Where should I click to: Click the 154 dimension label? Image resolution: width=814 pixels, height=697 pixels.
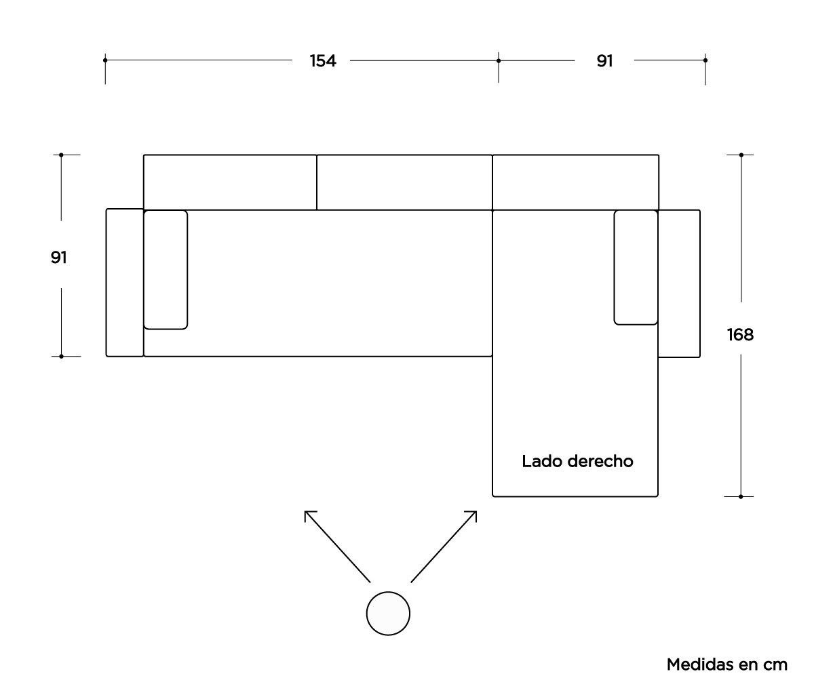click(x=323, y=61)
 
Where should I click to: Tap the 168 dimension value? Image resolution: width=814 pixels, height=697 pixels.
click(x=739, y=334)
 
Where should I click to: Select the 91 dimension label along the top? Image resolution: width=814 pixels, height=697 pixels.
click(x=604, y=61)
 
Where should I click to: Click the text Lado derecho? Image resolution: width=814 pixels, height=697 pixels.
click(x=577, y=462)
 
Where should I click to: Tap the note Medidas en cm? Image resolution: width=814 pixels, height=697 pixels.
click(x=727, y=664)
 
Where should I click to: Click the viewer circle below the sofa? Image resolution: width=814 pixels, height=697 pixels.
click(x=388, y=613)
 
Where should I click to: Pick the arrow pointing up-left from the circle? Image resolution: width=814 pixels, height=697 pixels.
click(x=336, y=545)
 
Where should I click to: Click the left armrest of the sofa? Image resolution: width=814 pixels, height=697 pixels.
click(x=125, y=283)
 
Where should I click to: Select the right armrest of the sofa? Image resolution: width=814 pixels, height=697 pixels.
click(x=679, y=283)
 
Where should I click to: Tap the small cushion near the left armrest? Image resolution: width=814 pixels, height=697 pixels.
click(x=166, y=270)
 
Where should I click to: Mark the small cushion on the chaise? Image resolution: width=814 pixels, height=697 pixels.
click(x=636, y=267)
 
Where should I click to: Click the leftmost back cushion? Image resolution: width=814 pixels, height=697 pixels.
click(x=230, y=182)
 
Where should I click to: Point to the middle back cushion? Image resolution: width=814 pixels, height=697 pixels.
click(x=404, y=182)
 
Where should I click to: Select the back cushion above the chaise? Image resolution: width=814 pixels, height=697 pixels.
click(x=575, y=182)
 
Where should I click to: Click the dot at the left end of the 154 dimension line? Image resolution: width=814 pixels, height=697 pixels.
click(x=105, y=60)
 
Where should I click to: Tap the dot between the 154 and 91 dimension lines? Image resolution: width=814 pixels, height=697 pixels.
click(x=499, y=60)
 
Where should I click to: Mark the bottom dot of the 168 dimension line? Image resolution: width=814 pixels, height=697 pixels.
click(x=741, y=496)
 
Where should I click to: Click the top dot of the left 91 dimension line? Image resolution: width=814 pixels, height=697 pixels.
click(x=61, y=155)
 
